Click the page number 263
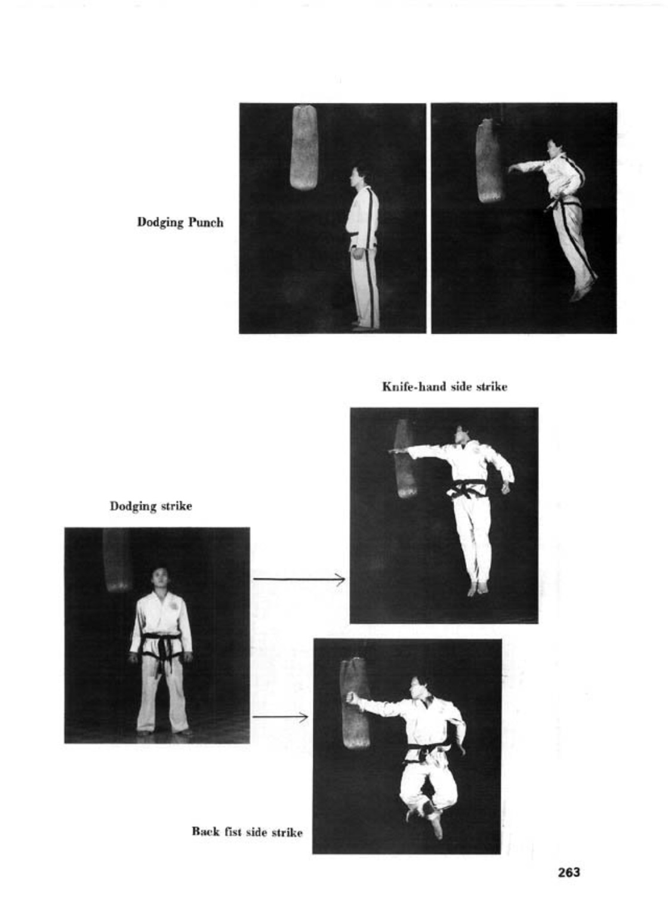(568, 873)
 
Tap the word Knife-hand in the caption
(414, 387)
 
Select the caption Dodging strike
(150, 506)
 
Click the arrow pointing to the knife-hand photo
(298, 579)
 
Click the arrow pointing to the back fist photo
(281, 717)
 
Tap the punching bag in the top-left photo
(304, 147)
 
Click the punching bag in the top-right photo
(490, 161)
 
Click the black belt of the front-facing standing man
(161, 649)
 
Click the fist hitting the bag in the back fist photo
(352, 698)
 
